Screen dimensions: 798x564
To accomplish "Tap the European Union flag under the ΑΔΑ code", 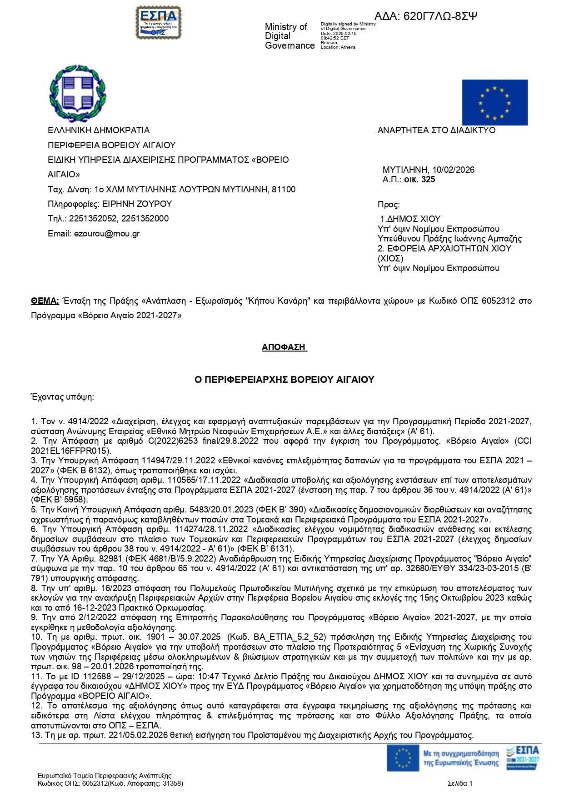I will click(x=494, y=102).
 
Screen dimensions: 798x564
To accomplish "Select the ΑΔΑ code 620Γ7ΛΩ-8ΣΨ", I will click(x=426, y=16).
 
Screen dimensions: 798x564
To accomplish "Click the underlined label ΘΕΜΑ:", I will click(x=45, y=301).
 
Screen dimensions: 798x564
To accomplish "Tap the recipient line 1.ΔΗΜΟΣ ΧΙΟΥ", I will click(x=410, y=219).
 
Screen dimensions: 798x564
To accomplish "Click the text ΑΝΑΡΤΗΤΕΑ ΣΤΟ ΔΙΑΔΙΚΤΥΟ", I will click(x=436, y=130).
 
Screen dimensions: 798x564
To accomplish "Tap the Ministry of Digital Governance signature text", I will click(x=289, y=36).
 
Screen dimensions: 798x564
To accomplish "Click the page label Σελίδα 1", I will click(x=460, y=783).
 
